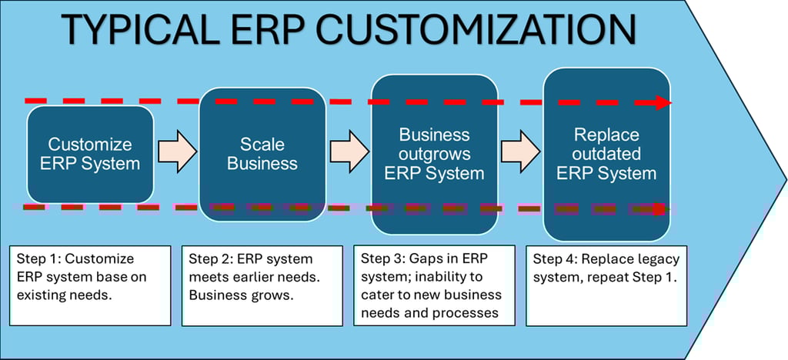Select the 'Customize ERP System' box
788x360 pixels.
pyautogui.click(x=90, y=155)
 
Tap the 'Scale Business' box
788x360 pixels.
pyautogui.click(x=262, y=154)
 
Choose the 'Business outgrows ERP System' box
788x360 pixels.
pyautogui.click(x=434, y=154)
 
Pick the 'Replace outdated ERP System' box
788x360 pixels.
pyautogui.click(x=606, y=154)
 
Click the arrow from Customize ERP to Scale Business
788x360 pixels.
pyautogui.click(x=176, y=151)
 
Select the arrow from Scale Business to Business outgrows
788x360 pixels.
pyautogui.click(x=349, y=151)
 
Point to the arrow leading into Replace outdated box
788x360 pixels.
pyautogui.click(x=521, y=151)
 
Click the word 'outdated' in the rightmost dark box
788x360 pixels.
pyautogui.click(x=606, y=154)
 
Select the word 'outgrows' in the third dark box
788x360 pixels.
pyautogui.click(x=434, y=154)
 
